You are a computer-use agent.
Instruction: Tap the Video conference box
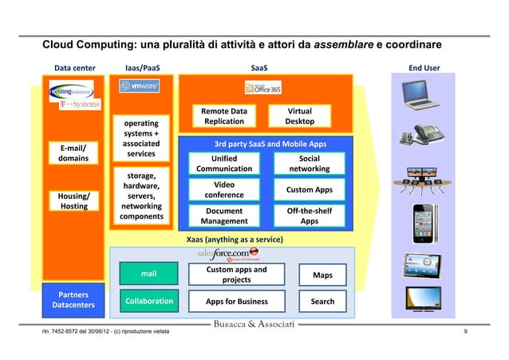223,189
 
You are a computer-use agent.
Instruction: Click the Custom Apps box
310,189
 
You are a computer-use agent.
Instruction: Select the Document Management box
223,216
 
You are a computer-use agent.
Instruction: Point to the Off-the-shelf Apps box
310,216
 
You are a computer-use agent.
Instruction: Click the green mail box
148,275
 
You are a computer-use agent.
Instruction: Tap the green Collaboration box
148,301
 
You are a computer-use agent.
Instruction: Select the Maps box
322,275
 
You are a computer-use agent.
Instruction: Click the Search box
322,301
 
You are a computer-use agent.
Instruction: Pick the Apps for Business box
236,301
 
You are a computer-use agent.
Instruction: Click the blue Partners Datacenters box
73,299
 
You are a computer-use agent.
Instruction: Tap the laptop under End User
420,94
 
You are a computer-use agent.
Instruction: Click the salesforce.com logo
227,254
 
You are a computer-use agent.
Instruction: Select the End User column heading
424,68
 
